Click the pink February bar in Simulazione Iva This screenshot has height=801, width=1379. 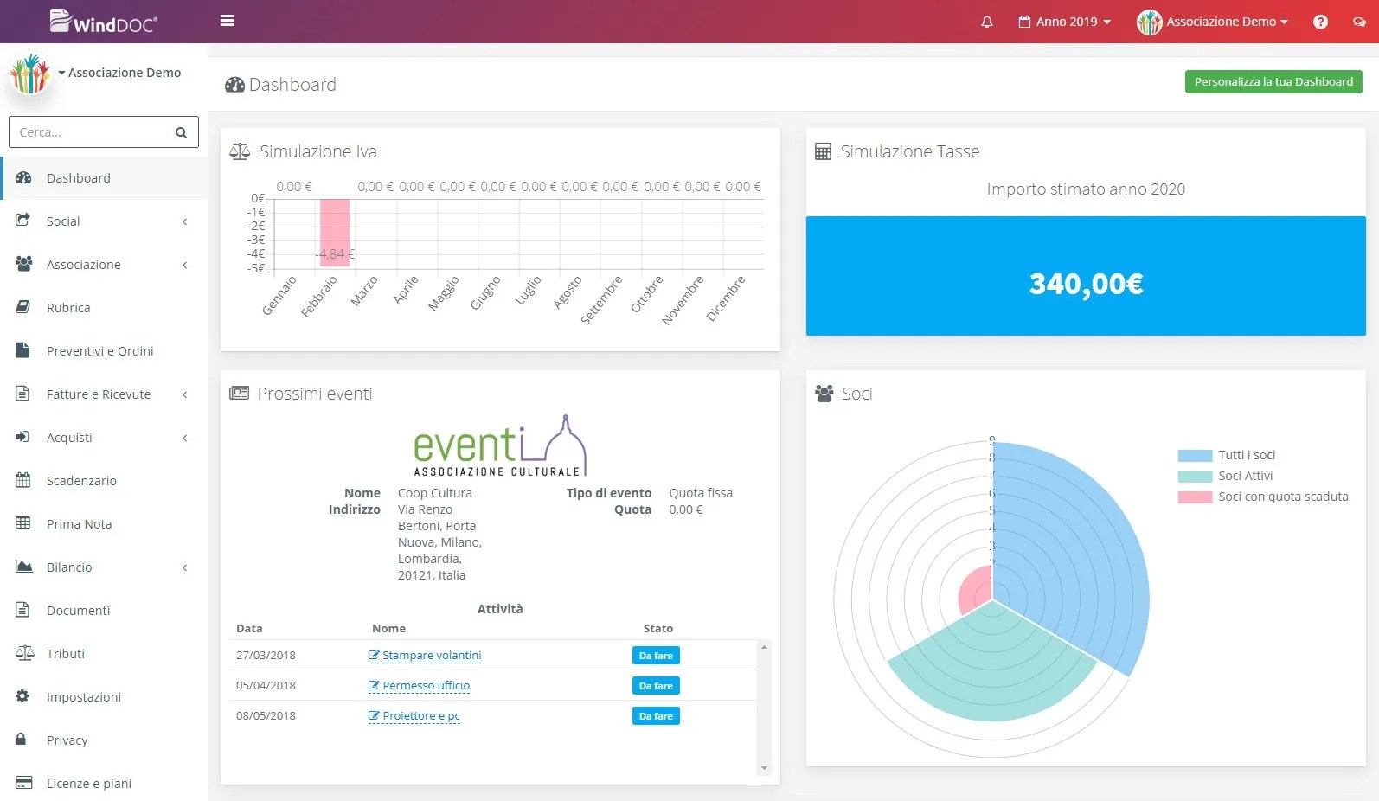click(x=334, y=232)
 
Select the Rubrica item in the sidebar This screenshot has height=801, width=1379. click(x=68, y=307)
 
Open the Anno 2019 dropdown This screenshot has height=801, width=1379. click(x=1064, y=22)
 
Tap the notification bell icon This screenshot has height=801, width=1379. click(x=987, y=22)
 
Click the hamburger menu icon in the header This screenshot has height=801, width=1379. click(x=228, y=21)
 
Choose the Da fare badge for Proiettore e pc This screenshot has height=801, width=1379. click(x=656, y=716)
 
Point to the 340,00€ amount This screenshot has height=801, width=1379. click(x=1086, y=284)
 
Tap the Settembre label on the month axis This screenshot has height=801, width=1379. click(x=601, y=300)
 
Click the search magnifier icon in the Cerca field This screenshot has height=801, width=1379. click(x=181, y=132)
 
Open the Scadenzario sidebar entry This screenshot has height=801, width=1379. click(x=81, y=480)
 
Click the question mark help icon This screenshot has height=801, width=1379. click(x=1320, y=22)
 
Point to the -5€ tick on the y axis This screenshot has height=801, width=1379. click(x=256, y=268)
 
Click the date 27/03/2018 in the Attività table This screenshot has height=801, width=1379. click(x=266, y=655)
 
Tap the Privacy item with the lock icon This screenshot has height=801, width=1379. click(x=67, y=740)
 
